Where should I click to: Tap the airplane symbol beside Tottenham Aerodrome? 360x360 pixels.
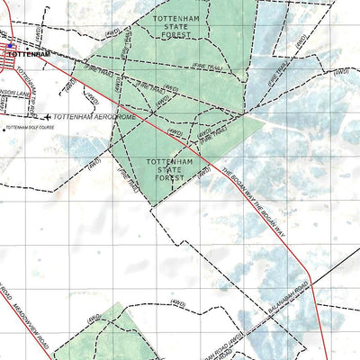pyautogui.click(x=47, y=116)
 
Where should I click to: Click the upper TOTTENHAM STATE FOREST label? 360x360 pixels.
pyautogui.click(x=175, y=28)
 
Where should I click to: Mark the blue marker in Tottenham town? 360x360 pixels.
pyautogui.click(x=11, y=45)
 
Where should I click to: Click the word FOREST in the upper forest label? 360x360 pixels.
pyautogui.click(x=175, y=37)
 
